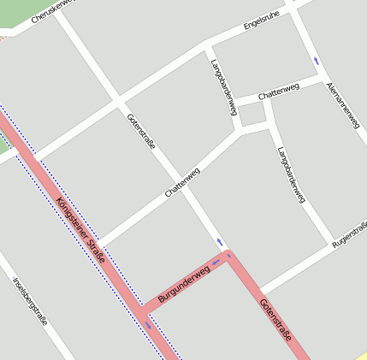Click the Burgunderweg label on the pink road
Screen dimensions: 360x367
coord(184,283)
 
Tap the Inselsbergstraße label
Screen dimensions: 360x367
coord(30,301)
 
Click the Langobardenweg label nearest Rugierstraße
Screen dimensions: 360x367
coord(291,174)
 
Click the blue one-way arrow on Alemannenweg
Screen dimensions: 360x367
coord(317,61)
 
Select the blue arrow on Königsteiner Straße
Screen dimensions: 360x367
coord(148,324)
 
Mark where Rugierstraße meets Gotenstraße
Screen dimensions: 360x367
coord(260,290)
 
